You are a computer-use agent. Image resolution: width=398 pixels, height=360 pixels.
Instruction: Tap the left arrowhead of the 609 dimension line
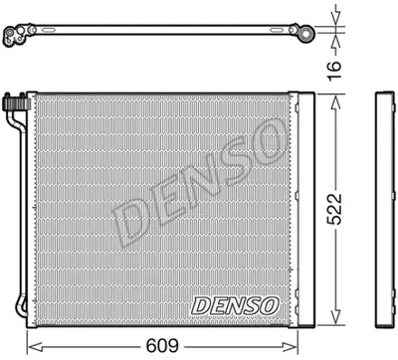coord(30,346)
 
